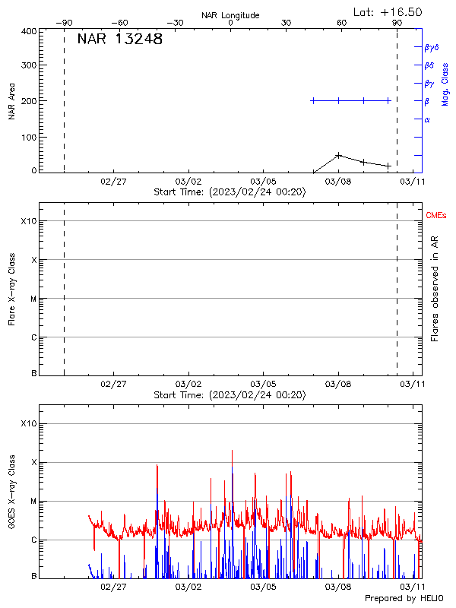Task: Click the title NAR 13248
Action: pyautogui.click(x=119, y=40)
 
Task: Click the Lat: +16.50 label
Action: pyautogui.click(x=388, y=11)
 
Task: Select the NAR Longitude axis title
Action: pyautogui.click(x=230, y=15)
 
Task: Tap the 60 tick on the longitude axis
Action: pyautogui.click(x=342, y=24)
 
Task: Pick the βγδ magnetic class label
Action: pyautogui.click(x=431, y=47)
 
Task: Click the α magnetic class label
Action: pyautogui.click(x=427, y=119)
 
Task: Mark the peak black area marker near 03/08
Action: pyautogui.click(x=338, y=155)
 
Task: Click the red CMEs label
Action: pyautogui.click(x=437, y=216)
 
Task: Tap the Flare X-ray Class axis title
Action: pyautogui.click(x=11, y=289)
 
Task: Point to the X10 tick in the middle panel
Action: pyautogui.click(x=28, y=221)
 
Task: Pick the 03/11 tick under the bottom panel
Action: pyautogui.click(x=413, y=587)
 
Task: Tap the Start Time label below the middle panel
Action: pyautogui.click(x=230, y=395)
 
